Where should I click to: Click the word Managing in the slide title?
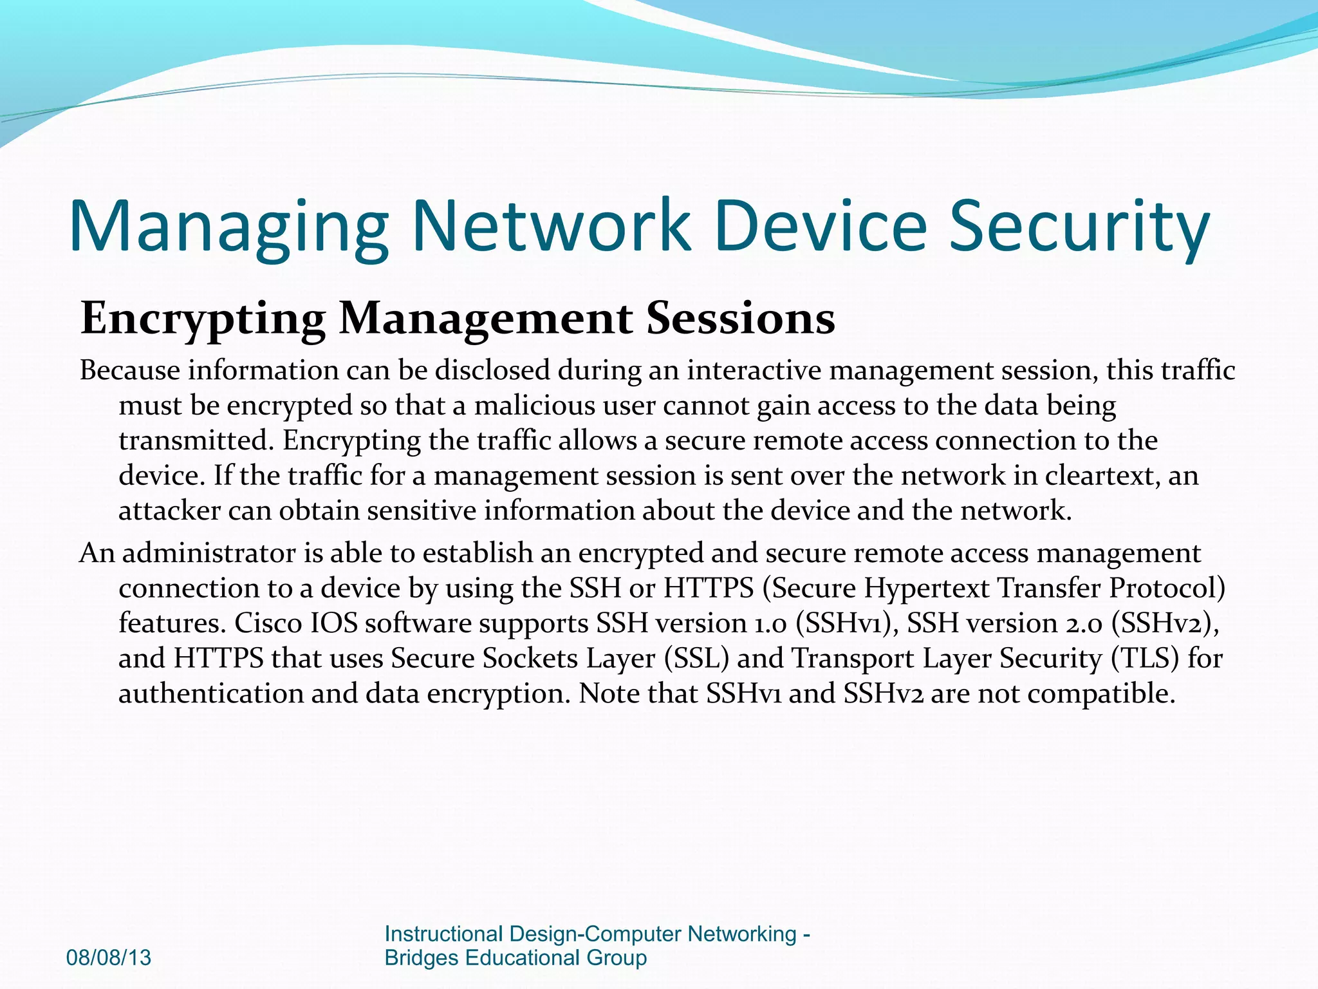pyautogui.click(x=228, y=227)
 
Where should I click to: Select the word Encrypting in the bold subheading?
pyautogui.click(x=203, y=319)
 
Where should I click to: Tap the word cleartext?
pyautogui.click(x=1101, y=476)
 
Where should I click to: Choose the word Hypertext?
pyautogui.click(x=926, y=588)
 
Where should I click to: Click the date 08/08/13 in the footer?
pyautogui.click(x=109, y=957)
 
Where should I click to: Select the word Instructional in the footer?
pyautogui.click(x=443, y=934)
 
